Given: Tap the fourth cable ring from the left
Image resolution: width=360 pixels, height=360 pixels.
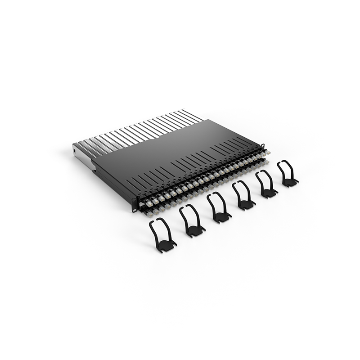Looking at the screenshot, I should tap(243, 195).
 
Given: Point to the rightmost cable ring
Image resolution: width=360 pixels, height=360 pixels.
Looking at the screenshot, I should tap(287, 174).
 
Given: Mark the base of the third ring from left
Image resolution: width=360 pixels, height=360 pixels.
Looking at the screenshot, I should tap(221, 217).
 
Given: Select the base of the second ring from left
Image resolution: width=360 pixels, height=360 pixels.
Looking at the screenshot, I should tap(194, 231).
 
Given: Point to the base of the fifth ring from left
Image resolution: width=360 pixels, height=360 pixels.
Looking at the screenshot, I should tap(269, 193).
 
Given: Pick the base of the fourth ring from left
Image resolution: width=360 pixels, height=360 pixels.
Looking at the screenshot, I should tap(246, 205).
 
